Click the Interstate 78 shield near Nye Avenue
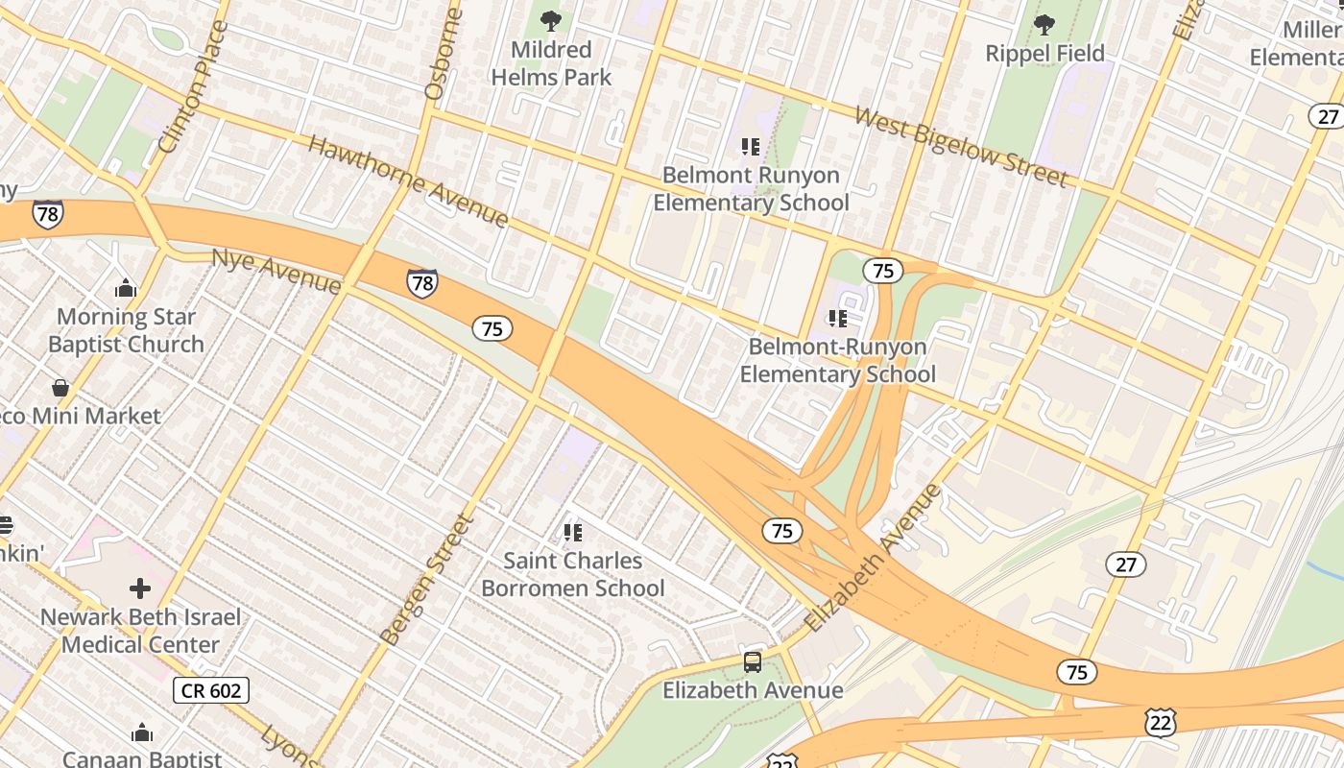point(421,282)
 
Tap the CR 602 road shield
point(212,689)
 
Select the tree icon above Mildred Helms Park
point(551,21)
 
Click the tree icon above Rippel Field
point(1044,25)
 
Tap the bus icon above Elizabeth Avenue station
point(753,661)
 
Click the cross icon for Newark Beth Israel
point(140,588)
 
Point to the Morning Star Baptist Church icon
point(126,288)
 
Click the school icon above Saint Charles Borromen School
point(573,532)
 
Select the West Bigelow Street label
point(960,147)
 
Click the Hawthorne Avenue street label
point(408,181)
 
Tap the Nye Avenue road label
point(276,272)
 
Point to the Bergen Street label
point(427,580)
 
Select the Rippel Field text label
point(1044,54)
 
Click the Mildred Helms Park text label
point(551,63)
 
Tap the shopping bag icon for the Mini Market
point(60,388)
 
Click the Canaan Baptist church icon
point(142,733)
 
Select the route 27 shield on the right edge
point(1328,116)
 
